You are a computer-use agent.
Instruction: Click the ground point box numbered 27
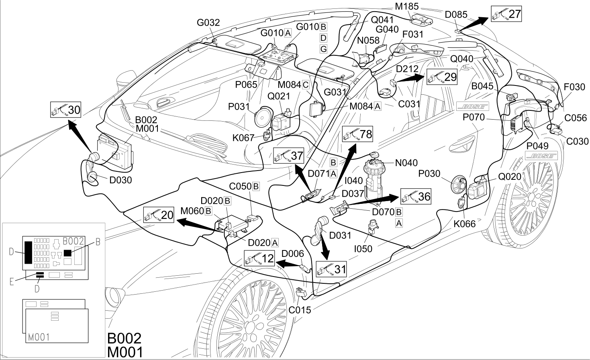pyautogui.click(x=506, y=14)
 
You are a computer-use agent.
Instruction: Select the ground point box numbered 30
pyautogui.click(x=65, y=110)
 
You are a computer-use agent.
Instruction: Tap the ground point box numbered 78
pyautogui.click(x=357, y=134)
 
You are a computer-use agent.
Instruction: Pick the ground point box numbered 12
pyautogui.click(x=259, y=258)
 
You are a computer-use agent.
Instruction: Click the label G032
pyautogui.click(x=208, y=22)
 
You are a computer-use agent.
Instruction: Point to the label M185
pyautogui.click(x=407, y=6)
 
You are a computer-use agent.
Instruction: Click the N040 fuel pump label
pyautogui.click(x=406, y=163)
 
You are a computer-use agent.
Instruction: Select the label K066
pyautogui.click(x=465, y=224)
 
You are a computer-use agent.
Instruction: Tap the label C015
pyautogui.click(x=300, y=310)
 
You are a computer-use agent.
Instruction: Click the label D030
pyautogui.click(x=120, y=180)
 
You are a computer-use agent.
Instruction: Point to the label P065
pyautogui.click(x=246, y=85)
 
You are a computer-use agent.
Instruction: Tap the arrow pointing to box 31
pyautogui.click(x=324, y=247)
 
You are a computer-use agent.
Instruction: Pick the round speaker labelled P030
pyautogui.click(x=459, y=185)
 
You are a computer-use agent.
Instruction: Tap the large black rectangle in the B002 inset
pyautogui.click(x=29, y=252)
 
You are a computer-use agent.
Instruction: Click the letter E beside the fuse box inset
pyautogui.click(x=12, y=282)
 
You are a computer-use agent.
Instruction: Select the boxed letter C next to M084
pyautogui.click(x=306, y=85)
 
